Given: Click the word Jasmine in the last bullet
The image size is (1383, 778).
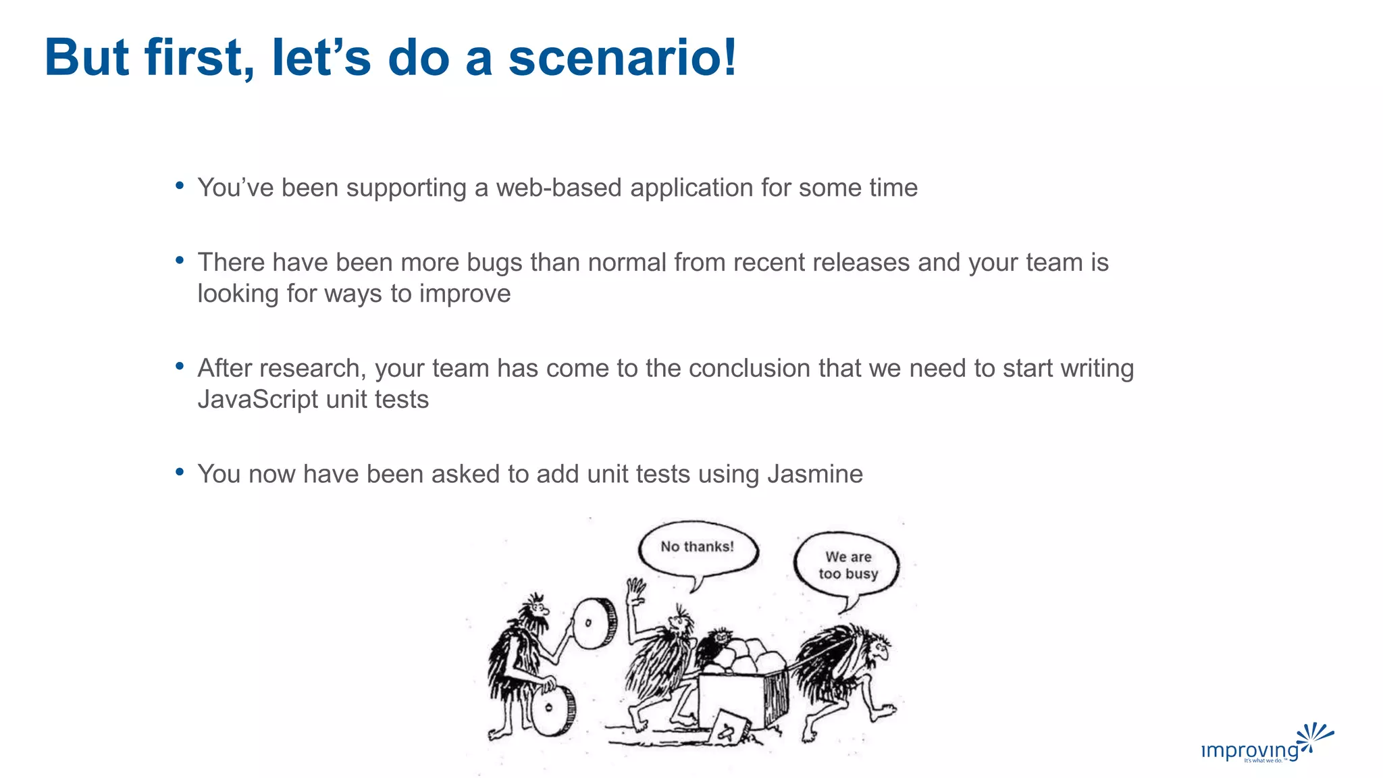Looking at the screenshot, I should click(814, 474).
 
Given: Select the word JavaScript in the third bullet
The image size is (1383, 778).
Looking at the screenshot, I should click(257, 399).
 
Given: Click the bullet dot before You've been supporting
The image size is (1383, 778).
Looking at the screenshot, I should click(180, 186).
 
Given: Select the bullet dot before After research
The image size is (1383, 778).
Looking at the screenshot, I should click(180, 367).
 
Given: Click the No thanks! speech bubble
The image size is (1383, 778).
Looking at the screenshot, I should click(698, 548).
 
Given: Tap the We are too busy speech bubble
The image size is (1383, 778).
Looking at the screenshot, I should click(847, 565).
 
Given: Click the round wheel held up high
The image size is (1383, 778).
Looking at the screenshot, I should click(594, 623).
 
